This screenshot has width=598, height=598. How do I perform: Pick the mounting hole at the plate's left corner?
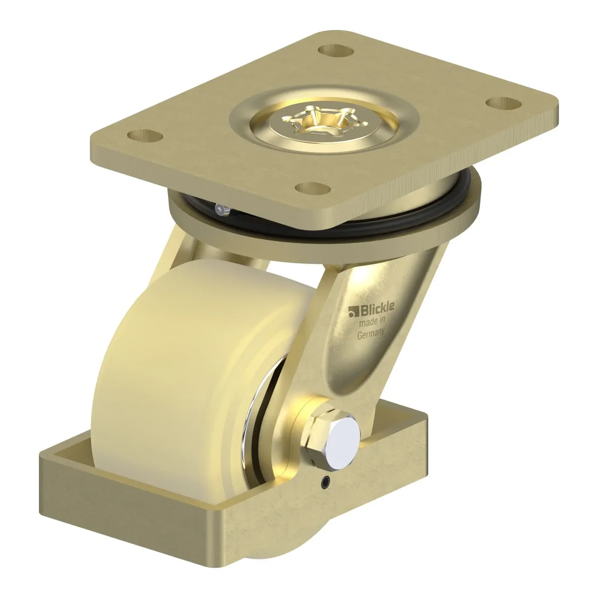click(x=145, y=135)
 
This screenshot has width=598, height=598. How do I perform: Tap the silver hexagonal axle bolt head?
click(x=344, y=436)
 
